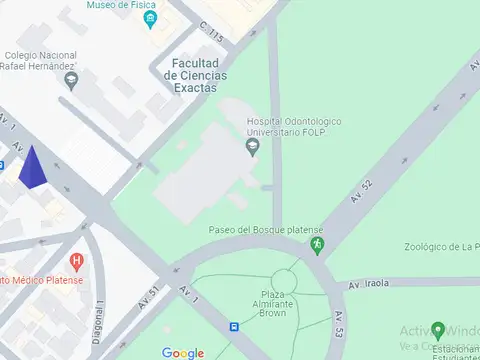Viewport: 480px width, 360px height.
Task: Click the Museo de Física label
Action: coord(120,5)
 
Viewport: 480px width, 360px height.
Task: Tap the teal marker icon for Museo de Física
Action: coord(149,19)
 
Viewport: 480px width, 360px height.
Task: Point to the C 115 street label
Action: coord(212,34)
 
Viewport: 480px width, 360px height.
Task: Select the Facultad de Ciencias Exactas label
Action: coord(193,75)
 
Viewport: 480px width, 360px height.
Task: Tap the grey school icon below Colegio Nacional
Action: coord(69,83)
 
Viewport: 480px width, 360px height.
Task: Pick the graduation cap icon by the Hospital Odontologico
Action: coord(252,148)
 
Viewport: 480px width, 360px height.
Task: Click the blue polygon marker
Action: coord(33,167)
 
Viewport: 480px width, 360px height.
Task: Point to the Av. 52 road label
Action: coord(362,191)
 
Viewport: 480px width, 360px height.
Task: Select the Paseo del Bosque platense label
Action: coord(259,230)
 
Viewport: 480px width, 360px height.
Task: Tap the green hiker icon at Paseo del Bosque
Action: coord(317,242)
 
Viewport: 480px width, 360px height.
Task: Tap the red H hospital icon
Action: coord(77,262)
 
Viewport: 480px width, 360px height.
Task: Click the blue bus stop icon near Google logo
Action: coord(234,326)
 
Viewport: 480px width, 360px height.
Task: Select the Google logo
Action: coord(183,352)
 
